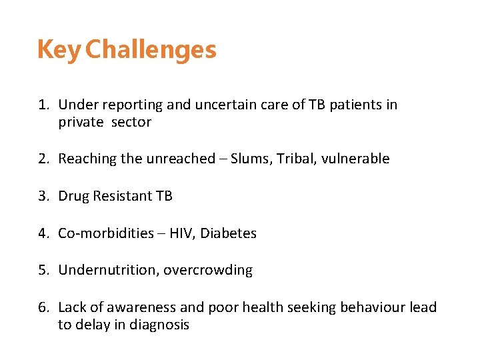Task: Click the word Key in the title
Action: point(59,51)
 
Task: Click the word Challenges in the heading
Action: point(151,51)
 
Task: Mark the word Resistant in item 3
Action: point(120,196)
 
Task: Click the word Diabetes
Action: point(229,233)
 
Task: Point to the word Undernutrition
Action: point(108,271)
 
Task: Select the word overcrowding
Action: point(208,271)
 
